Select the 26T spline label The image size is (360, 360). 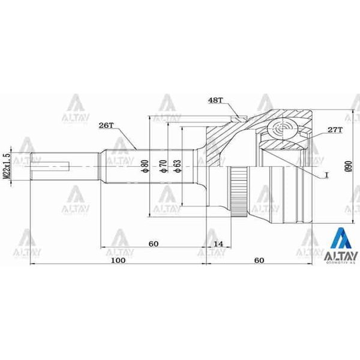pos(106,125)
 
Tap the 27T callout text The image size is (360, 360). pos(335,130)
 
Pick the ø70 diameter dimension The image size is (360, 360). pos(162,166)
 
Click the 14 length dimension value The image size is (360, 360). pos(218,244)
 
